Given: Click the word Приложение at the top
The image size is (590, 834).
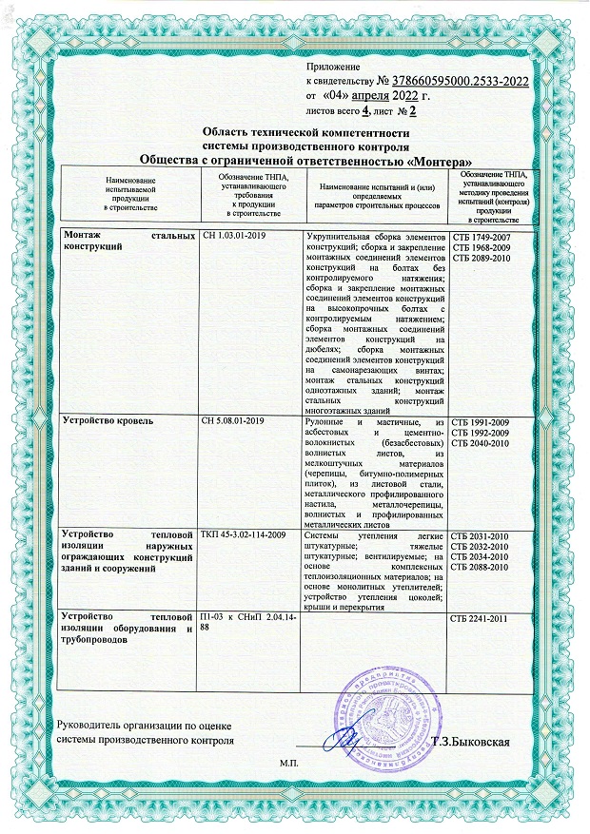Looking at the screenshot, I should (333, 67).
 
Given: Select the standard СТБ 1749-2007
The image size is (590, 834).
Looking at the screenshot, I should (482, 235).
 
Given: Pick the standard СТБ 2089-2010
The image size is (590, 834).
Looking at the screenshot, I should (482, 258).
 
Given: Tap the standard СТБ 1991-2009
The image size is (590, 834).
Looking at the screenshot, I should (482, 419).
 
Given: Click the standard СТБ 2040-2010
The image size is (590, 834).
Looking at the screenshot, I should (482, 442).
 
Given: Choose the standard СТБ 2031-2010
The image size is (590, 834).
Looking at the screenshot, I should (482, 536).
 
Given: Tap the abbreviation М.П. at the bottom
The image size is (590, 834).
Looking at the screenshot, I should (289, 764).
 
